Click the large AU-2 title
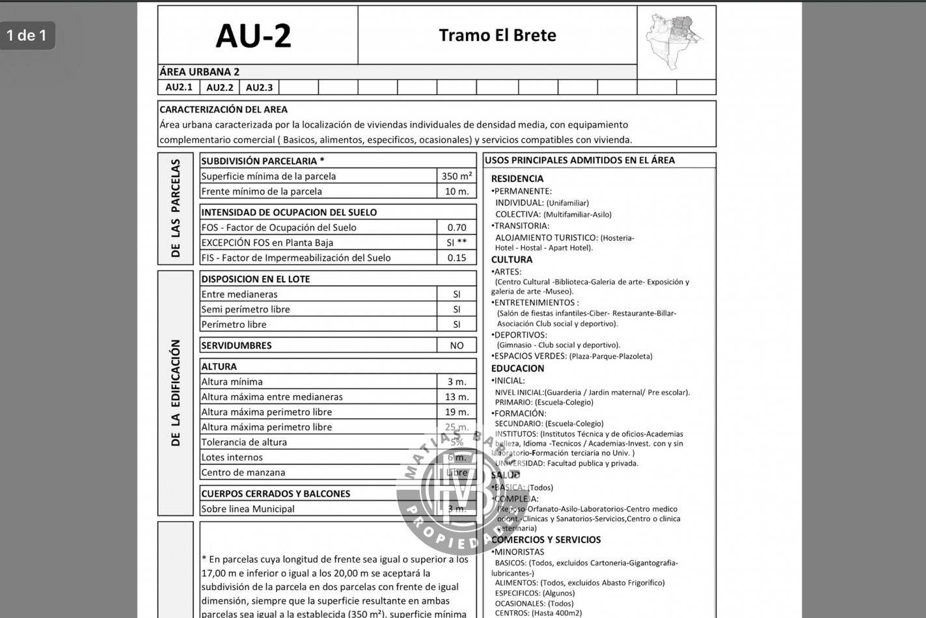pos(253,36)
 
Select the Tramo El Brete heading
pos(497,35)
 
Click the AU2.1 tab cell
pos(179,87)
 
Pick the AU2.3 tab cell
pos(259,87)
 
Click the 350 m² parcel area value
pos(456,176)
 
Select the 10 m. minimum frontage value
pos(456,191)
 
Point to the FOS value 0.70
pos(456,227)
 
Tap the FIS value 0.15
pos(456,258)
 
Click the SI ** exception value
pos(456,243)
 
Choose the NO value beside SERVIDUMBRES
pos(456,345)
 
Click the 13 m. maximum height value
pos(456,397)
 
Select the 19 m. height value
pos(456,412)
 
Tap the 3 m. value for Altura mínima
pos(456,382)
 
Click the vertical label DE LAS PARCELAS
pos(176,208)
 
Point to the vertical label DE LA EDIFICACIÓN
pos(176,393)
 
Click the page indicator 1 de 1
pos(27,35)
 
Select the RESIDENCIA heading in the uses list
pos(517,179)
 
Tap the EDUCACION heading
pos(517,368)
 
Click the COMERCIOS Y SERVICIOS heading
pos(545,540)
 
